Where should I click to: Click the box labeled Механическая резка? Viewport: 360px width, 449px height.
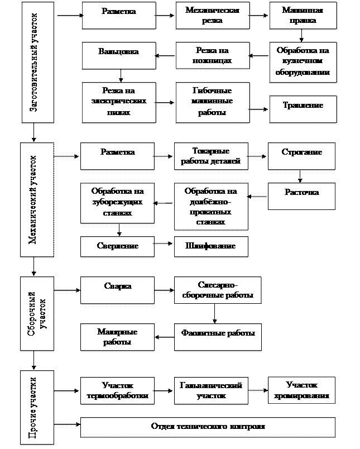[212, 16]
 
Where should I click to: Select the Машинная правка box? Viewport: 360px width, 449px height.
[303, 16]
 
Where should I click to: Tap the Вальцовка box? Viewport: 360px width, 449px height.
[118, 56]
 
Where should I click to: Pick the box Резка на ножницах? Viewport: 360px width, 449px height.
[212, 56]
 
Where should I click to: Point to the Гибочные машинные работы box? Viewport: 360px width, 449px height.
[212, 102]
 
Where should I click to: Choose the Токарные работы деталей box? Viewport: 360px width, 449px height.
[210, 156]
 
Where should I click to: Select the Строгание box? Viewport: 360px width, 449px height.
[301, 156]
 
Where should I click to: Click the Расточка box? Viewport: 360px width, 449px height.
[301, 197]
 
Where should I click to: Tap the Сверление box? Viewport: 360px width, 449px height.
[117, 246]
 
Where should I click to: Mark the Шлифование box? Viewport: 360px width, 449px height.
[210, 246]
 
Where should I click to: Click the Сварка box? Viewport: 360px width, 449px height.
[117, 290]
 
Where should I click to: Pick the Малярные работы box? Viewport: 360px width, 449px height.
[117, 337]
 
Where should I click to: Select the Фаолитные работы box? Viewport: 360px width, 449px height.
[218, 337]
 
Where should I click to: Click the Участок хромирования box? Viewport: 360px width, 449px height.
[301, 391]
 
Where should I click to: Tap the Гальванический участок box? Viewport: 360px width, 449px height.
[210, 391]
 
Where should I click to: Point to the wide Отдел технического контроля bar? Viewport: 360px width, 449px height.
[208, 427]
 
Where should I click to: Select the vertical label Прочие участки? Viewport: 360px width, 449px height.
[37, 407]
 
